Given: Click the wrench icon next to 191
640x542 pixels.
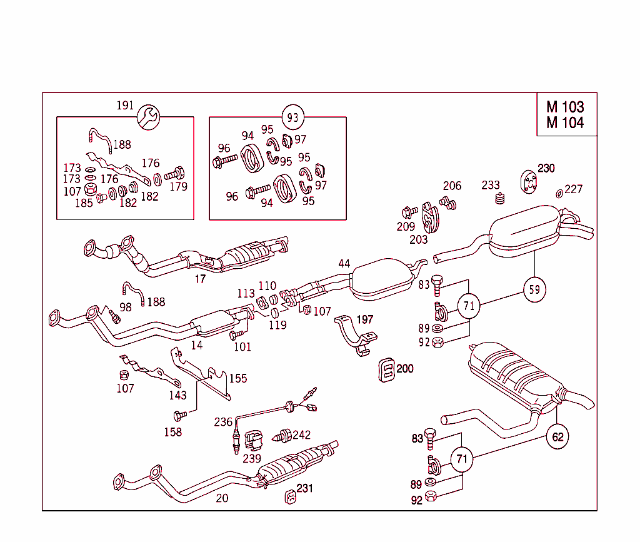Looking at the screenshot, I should (x=149, y=116).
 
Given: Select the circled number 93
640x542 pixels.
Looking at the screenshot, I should (x=292, y=117).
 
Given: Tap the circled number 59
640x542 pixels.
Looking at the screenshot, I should (x=534, y=289).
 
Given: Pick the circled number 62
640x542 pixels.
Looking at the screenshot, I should (x=557, y=437).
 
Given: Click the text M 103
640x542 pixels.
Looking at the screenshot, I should (x=565, y=107).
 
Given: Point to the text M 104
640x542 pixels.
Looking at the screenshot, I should (x=565, y=123).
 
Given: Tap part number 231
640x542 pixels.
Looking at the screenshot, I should (x=304, y=488).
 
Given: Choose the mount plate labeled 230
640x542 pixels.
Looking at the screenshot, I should (x=529, y=181).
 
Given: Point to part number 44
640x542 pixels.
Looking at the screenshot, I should (x=344, y=263).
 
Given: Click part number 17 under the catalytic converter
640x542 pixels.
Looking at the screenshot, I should (x=200, y=279).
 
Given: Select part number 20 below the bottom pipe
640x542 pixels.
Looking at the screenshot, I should (x=222, y=498).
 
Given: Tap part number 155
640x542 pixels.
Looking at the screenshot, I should (x=237, y=378).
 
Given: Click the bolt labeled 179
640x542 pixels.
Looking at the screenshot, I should (x=176, y=173).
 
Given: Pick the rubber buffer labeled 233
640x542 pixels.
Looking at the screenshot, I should (x=499, y=199).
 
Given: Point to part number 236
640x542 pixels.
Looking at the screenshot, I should (x=223, y=422).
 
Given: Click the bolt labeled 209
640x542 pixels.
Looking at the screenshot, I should (x=410, y=211).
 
